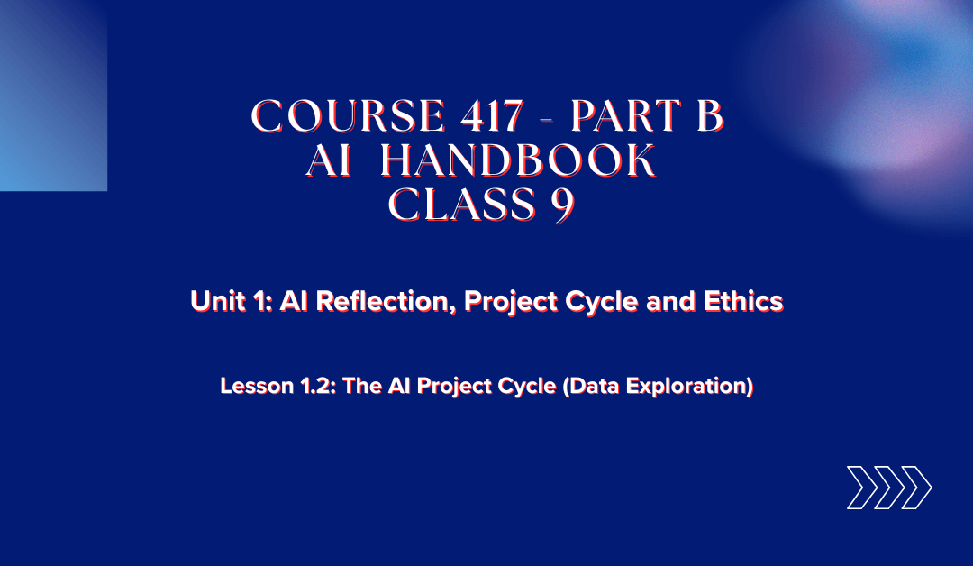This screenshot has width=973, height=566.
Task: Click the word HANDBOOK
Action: tap(517, 162)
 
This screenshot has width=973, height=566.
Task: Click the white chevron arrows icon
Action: tap(888, 488)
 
